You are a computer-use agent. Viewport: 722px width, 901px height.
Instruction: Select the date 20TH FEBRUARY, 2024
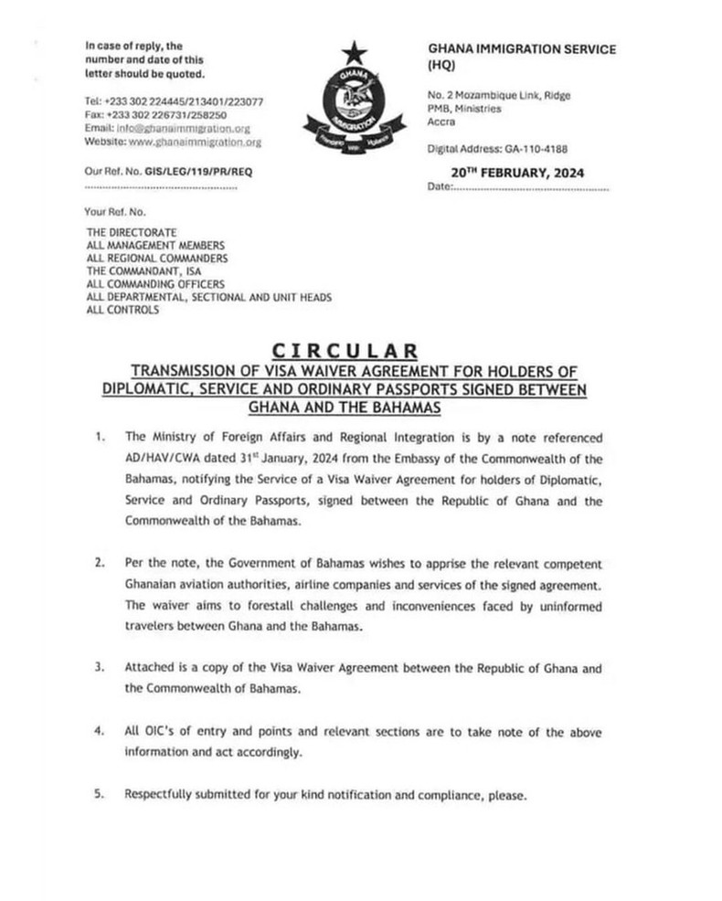coord(517,174)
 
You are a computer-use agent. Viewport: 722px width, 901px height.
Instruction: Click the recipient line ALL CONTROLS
coord(122,310)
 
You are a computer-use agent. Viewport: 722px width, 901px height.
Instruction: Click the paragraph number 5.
coord(99,794)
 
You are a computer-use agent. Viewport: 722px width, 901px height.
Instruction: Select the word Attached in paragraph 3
coord(150,670)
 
